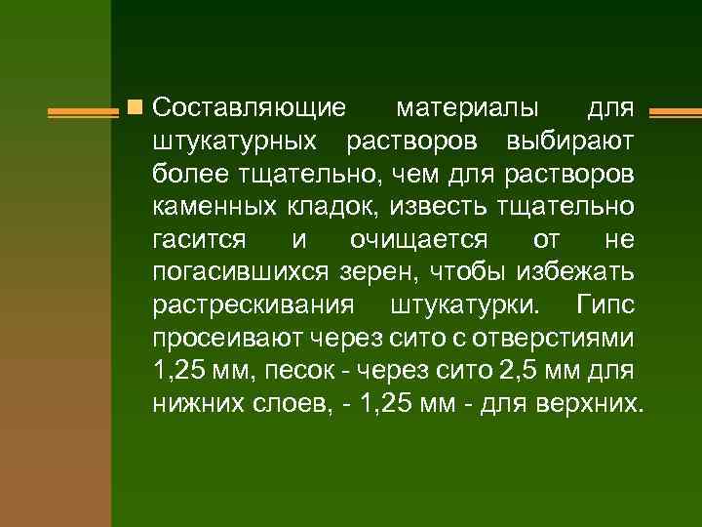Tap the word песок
(317, 372)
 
